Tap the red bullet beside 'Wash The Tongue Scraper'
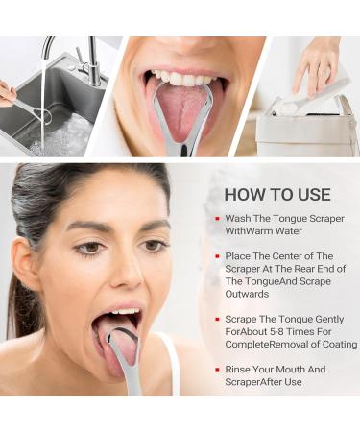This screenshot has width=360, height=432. [x=217, y=219]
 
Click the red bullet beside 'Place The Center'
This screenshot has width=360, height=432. [x=217, y=256]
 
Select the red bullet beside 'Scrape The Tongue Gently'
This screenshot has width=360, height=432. [x=217, y=319]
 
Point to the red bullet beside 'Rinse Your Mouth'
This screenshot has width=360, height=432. [x=217, y=369]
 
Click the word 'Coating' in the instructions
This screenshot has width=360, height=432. [x=333, y=344]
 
